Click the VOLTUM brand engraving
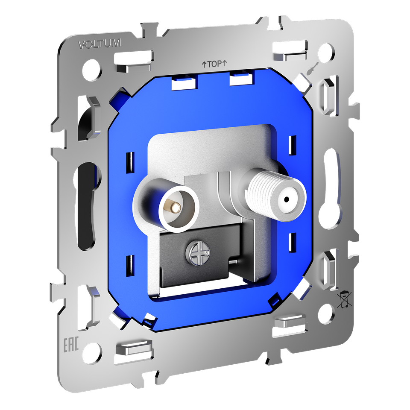tap(100, 44)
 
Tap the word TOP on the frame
tap(215, 64)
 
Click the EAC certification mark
tap(71, 345)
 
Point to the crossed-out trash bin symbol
tap(344, 300)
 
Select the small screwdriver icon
tap(313, 68)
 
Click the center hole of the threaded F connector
tap(287, 200)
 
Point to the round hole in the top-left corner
tap(91, 70)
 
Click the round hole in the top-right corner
tap(327, 52)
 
